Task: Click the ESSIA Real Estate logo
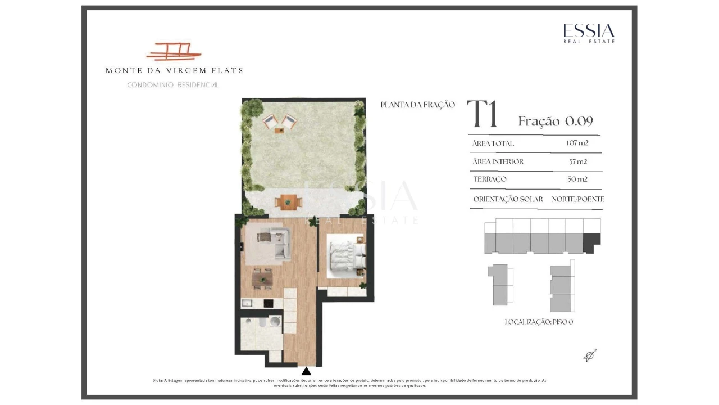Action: point(589,33)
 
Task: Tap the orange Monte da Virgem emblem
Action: point(174,52)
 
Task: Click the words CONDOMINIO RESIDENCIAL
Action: point(173,85)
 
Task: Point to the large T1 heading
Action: point(482,114)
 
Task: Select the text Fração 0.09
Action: point(556,121)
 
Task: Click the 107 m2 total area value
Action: point(577,143)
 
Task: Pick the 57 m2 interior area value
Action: point(578,161)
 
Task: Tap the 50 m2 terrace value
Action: point(577,179)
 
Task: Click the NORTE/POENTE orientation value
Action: point(578,199)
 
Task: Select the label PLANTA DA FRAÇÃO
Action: point(417,105)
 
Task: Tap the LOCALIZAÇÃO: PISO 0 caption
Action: point(539,322)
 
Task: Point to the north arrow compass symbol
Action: point(590,355)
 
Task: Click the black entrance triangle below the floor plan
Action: point(306,371)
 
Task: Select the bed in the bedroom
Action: point(346,256)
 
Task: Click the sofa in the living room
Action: point(281,242)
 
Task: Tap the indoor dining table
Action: point(262,279)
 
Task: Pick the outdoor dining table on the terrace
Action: point(288,202)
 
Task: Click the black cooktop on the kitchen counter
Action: point(269,303)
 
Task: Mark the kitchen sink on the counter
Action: point(247,303)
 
